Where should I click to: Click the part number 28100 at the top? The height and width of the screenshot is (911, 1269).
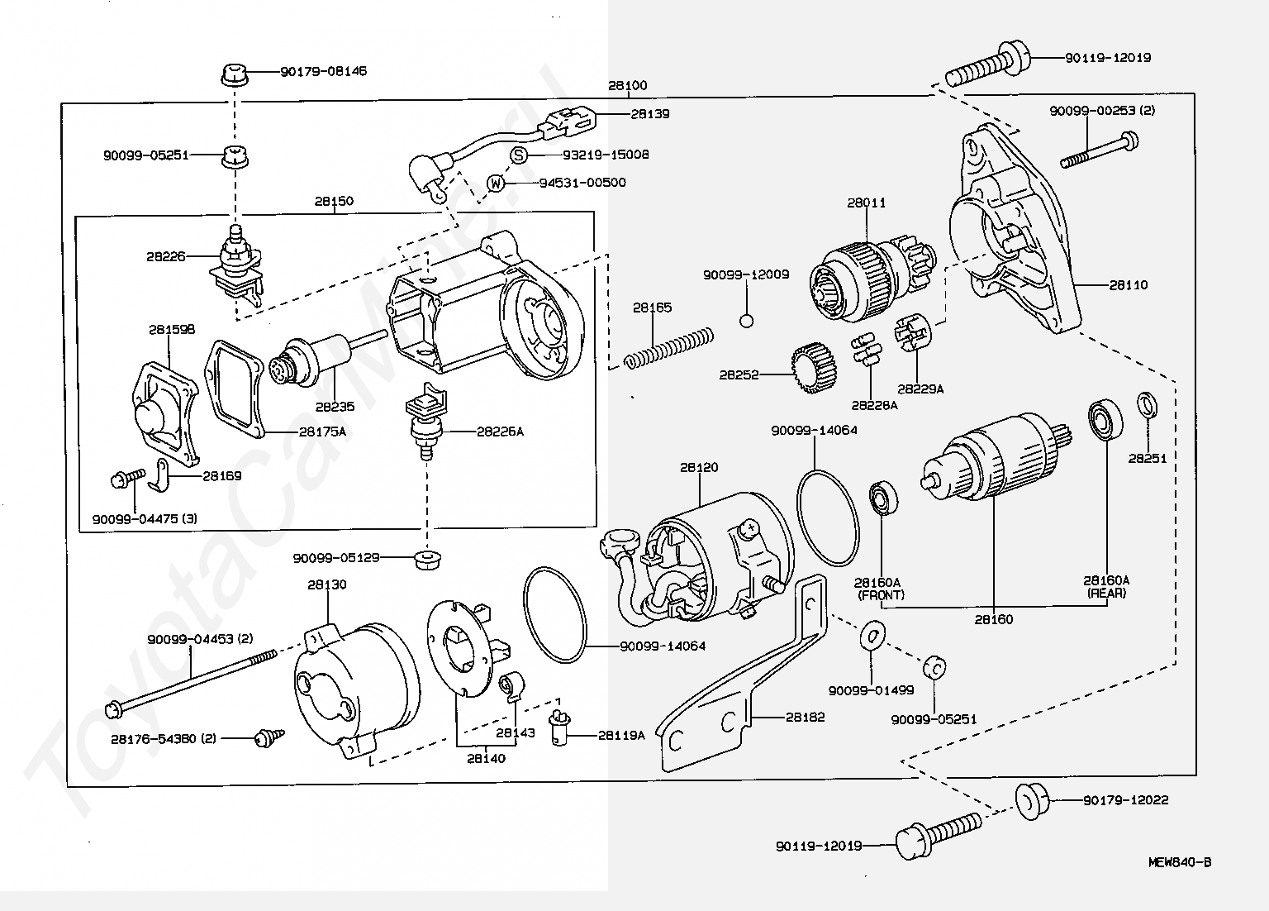tap(628, 85)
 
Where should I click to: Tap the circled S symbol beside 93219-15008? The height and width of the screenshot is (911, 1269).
tap(518, 155)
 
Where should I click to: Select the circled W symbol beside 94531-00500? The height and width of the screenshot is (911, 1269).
tap(496, 183)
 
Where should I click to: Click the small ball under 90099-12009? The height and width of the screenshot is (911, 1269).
tap(746, 320)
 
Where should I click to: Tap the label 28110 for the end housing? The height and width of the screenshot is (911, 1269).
tap(1128, 285)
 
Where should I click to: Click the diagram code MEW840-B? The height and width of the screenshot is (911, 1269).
tap(1179, 862)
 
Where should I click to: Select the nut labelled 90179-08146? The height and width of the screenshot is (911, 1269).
tap(235, 74)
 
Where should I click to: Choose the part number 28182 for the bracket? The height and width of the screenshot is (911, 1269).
tap(805, 718)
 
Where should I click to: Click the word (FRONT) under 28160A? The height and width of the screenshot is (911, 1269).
tap(881, 594)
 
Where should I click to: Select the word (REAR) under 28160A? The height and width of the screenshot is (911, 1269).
tap(1107, 593)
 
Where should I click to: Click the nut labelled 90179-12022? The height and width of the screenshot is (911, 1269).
tap(1031, 800)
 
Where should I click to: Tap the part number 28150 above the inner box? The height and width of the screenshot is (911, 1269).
tap(334, 201)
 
